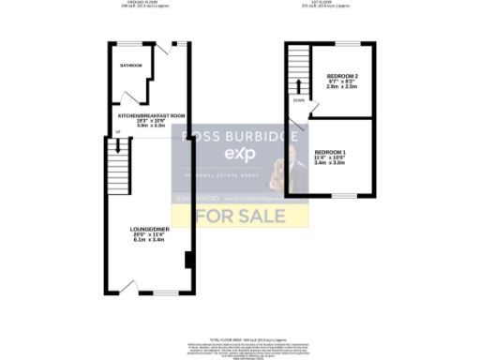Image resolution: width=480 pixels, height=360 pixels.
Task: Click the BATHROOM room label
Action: pyautogui.click(x=130, y=66)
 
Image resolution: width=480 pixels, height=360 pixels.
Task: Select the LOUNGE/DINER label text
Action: pyautogui.click(x=151, y=228)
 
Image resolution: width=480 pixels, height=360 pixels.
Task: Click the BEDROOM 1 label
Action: pyautogui.click(x=330, y=152)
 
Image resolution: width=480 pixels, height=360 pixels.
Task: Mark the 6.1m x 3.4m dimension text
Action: pyautogui.click(x=151, y=240)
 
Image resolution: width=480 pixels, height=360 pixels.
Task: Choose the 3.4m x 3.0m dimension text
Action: pyautogui.click(x=330, y=163)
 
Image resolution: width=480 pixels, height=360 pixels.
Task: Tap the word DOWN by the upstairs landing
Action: pyautogui.click(x=298, y=99)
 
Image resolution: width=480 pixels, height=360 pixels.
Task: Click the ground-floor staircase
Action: pyautogui.click(x=116, y=169)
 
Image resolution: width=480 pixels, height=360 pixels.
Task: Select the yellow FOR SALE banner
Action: pyautogui.click(x=240, y=216)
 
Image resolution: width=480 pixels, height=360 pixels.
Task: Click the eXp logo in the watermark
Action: pyautogui.click(x=239, y=155)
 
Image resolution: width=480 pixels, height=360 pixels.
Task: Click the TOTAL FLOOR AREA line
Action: pyautogui.click(x=240, y=337)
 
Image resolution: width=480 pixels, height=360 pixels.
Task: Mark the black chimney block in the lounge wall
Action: pyautogui.click(x=188, y=259)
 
